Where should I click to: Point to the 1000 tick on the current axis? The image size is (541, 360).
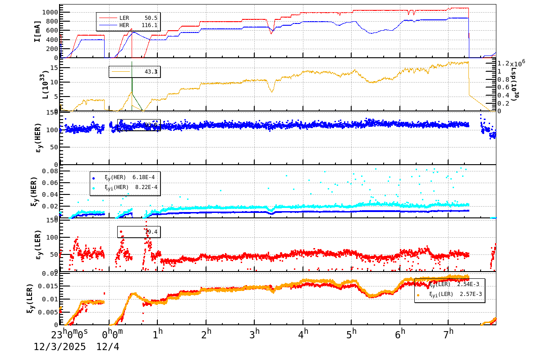coord(50,12)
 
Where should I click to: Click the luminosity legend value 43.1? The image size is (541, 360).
coord(151,72)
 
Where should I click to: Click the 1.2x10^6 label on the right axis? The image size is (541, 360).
coord(511,64)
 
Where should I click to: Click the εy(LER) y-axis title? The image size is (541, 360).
coord(38,245)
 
